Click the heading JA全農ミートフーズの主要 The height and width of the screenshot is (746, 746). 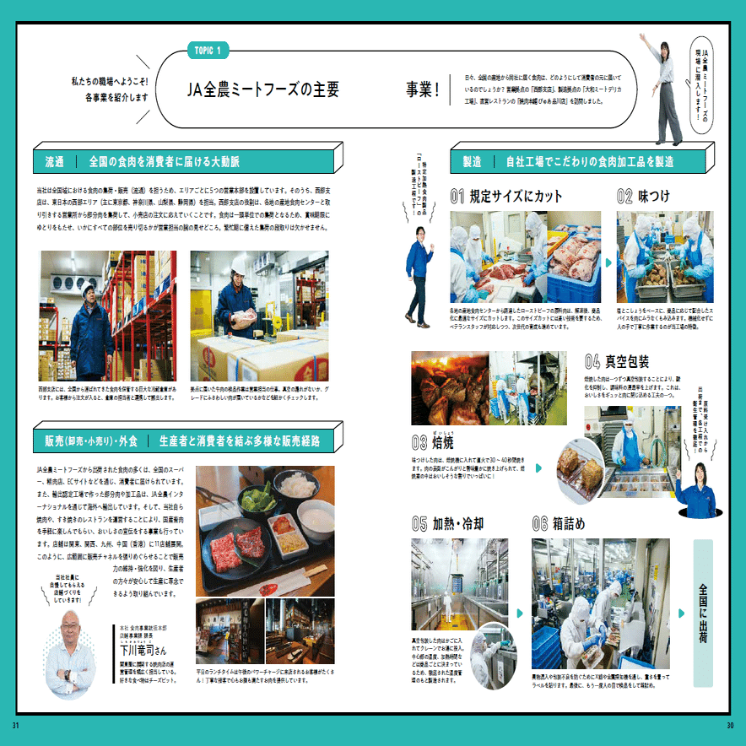click(263, 89)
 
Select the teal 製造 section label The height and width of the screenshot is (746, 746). click(473, 161)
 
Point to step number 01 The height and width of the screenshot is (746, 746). click(457, 197)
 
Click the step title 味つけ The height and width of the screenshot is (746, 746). click(654, 197)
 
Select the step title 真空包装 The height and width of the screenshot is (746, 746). click(627, 363)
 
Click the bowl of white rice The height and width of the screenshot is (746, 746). click(297, 485)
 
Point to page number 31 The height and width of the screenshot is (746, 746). click(15, 726)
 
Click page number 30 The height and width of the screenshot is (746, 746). click(729, 726)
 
